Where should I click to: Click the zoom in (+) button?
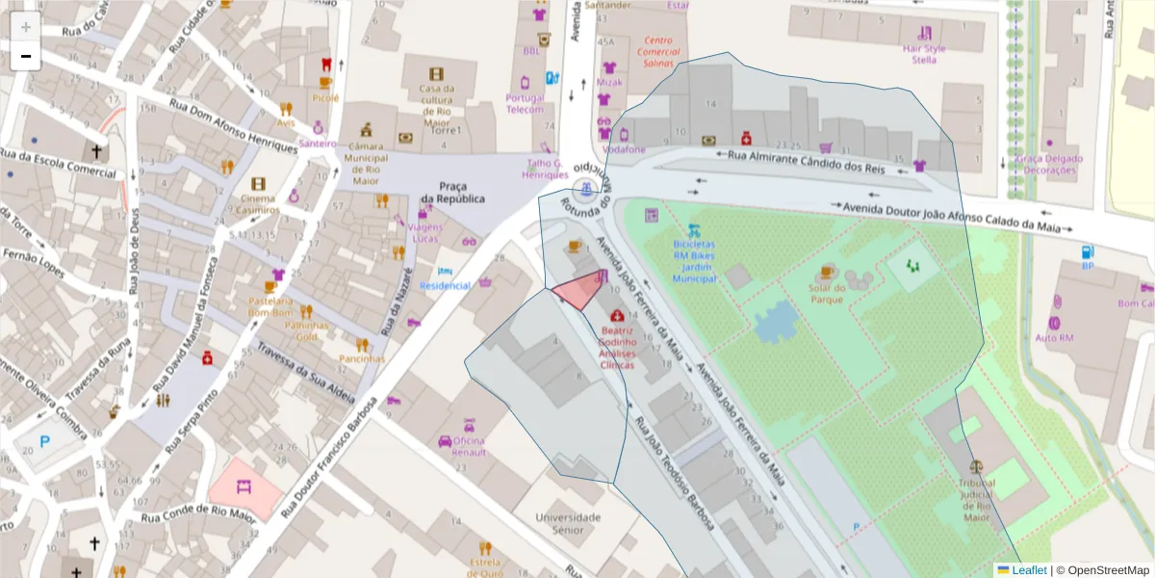[25, 27]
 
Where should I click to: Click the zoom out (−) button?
[25, 57]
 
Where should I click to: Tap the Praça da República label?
[452, 192]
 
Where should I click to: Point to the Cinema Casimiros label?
[258, 203]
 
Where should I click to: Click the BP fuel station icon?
[1088, 252]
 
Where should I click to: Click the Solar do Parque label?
[828, 293]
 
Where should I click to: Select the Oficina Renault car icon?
[445, 441]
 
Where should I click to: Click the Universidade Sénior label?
[568, 523]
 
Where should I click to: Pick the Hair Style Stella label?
[924, 54]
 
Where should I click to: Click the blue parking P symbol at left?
[44, 442]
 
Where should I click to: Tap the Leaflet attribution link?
[1029, 570]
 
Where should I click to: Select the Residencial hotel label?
[446, 286]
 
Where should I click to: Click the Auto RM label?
[1054, 337]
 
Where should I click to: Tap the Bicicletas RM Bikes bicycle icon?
[693, 231]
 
